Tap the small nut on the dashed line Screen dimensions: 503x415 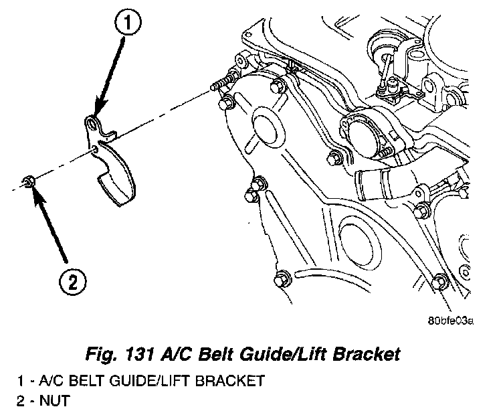[x=29, y=180]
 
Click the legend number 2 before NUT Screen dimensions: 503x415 [x=21, y=402]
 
